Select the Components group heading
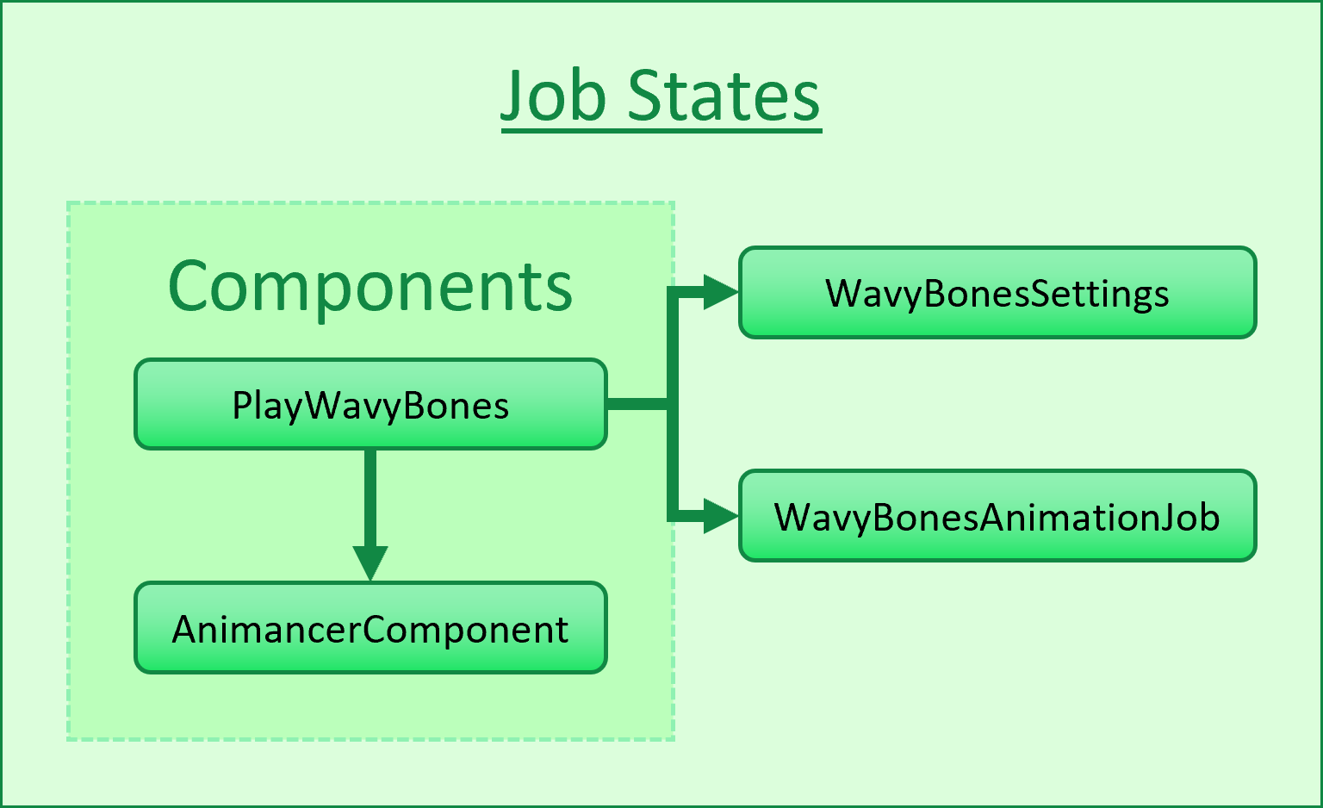coord(370,286)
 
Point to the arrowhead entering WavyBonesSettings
coord(720,293)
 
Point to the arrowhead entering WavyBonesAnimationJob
coord(720,517)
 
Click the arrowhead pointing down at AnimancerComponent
coord(370,563)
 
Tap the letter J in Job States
coord(514,98)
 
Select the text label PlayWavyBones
coord(370,405)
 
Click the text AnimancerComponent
coord(370,630)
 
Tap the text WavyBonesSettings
coord(997,294)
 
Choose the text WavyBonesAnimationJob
coord(997,518)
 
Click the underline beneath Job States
coord(661,130)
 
